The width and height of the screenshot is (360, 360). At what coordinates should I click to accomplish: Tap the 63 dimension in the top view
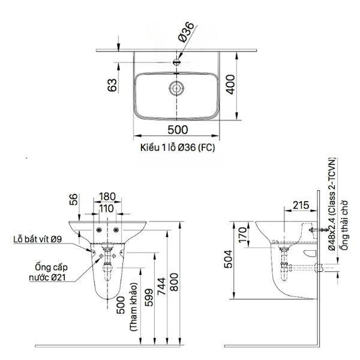click(112, 86)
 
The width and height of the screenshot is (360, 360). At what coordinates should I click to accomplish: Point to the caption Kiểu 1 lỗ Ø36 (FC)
click(178, 146)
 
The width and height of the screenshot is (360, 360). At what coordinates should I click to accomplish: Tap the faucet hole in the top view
click(178, 61)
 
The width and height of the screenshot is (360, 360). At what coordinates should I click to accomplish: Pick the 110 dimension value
click(108, 208)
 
